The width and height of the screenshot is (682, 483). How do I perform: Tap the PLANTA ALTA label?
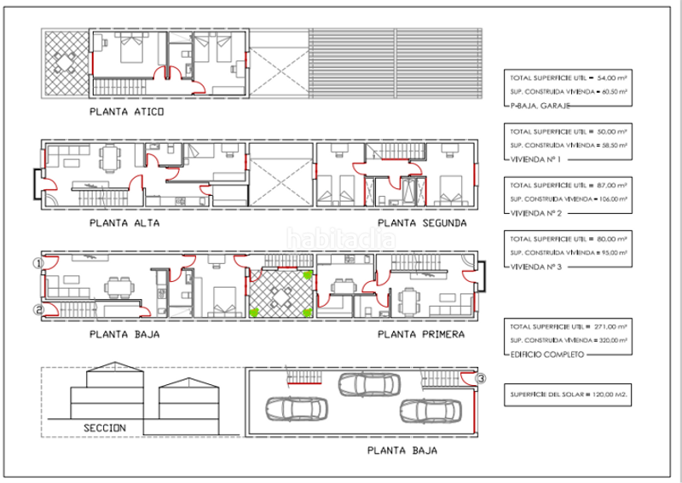point(124,223)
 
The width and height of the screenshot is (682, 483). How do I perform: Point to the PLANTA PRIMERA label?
point(420,335)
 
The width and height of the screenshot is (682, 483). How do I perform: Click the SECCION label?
point(105,427)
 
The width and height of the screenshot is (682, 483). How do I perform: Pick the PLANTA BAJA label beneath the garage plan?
point(402,452)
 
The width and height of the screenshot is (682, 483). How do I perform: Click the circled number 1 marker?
point(37,263)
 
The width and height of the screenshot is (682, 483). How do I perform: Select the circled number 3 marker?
point(481,379)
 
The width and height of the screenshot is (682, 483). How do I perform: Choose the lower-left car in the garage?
point(296,410)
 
